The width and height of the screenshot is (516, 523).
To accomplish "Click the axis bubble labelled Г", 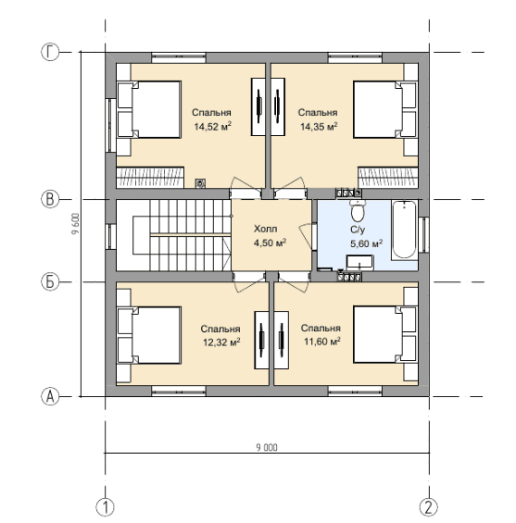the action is pyautogui.click(x=50, y=53).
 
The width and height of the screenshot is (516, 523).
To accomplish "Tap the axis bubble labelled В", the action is pyautogui.click(x=50, y=199).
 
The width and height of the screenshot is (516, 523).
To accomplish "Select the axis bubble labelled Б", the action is pyautogui.click(x=50, y=281).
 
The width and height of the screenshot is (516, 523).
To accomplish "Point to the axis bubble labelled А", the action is pyautogui.click(x=50, y=396).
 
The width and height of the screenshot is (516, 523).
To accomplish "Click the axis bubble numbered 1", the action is pyautogui.click(x=105, y=507).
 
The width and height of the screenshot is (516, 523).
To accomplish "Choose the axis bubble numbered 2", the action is pyautogui.click(x=429, y=507).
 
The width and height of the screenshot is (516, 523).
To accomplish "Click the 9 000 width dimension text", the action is pyautogui.click(x=267, y=447).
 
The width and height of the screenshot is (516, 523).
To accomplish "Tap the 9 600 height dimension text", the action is pyautogui.click(x=76, y=224).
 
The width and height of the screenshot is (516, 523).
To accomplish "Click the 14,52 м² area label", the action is pyautogui.click(x=213, y=127).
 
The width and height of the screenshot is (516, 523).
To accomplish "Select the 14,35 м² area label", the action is pyautogui.click(x=319, y=127).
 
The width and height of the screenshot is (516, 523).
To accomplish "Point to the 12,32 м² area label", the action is pyautogui.click(x=222, y=342).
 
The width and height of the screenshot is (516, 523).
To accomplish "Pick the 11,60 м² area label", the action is pyautogui.click(x=322, y=342).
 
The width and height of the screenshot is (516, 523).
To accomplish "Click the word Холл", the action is pyautogui.click(x=265, y=230).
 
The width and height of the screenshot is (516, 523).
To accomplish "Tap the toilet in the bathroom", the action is pyautogui.click(x=358, y=211).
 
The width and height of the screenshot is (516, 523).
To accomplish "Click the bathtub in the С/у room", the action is pyautogui.click(x=404, y=230).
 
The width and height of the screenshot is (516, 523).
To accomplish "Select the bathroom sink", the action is pyautogui.click(x=359, y=262).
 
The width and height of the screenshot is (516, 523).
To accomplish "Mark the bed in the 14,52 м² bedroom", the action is pyautogui.click(x=149, y=109).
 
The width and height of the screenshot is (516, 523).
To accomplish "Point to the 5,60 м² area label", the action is pyautogui.click(x=366, y=243).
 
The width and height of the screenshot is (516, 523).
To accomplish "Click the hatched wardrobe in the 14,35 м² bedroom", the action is pyautogui.click(x=388, y=178).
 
